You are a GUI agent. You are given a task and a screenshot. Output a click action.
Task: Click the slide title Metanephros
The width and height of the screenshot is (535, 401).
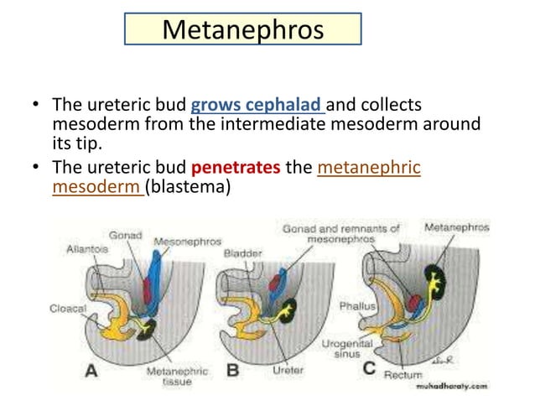tap(242, 29)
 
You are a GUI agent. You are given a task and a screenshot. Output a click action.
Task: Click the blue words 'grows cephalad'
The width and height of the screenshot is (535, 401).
tap(257, 107)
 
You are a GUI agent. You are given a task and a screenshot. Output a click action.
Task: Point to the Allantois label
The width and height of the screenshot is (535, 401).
tap(86, 249)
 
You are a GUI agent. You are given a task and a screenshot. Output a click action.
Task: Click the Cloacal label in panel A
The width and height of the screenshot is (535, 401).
tap(68, 308)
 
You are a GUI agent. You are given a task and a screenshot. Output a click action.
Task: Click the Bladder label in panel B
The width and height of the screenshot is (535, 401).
tap(242, 252)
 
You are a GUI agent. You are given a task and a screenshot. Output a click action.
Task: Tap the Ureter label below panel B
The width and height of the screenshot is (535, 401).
tap(288, 370)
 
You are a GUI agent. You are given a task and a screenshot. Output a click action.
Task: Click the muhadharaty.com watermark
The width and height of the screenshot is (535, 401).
tap(453, 388)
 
